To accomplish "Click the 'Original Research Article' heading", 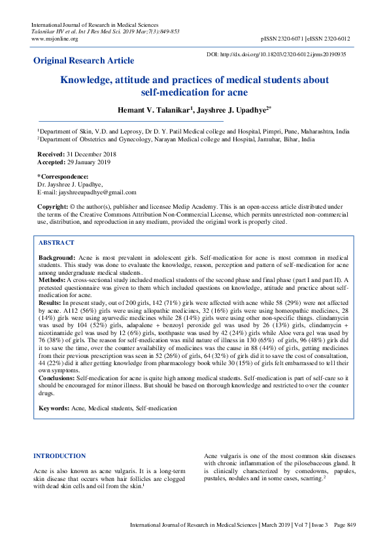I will (x=84, y=61).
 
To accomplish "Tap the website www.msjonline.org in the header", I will (x=55, y=39).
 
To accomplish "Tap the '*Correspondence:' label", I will (x=63, y=177).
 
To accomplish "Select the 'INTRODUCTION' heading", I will (x=59, y=455).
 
